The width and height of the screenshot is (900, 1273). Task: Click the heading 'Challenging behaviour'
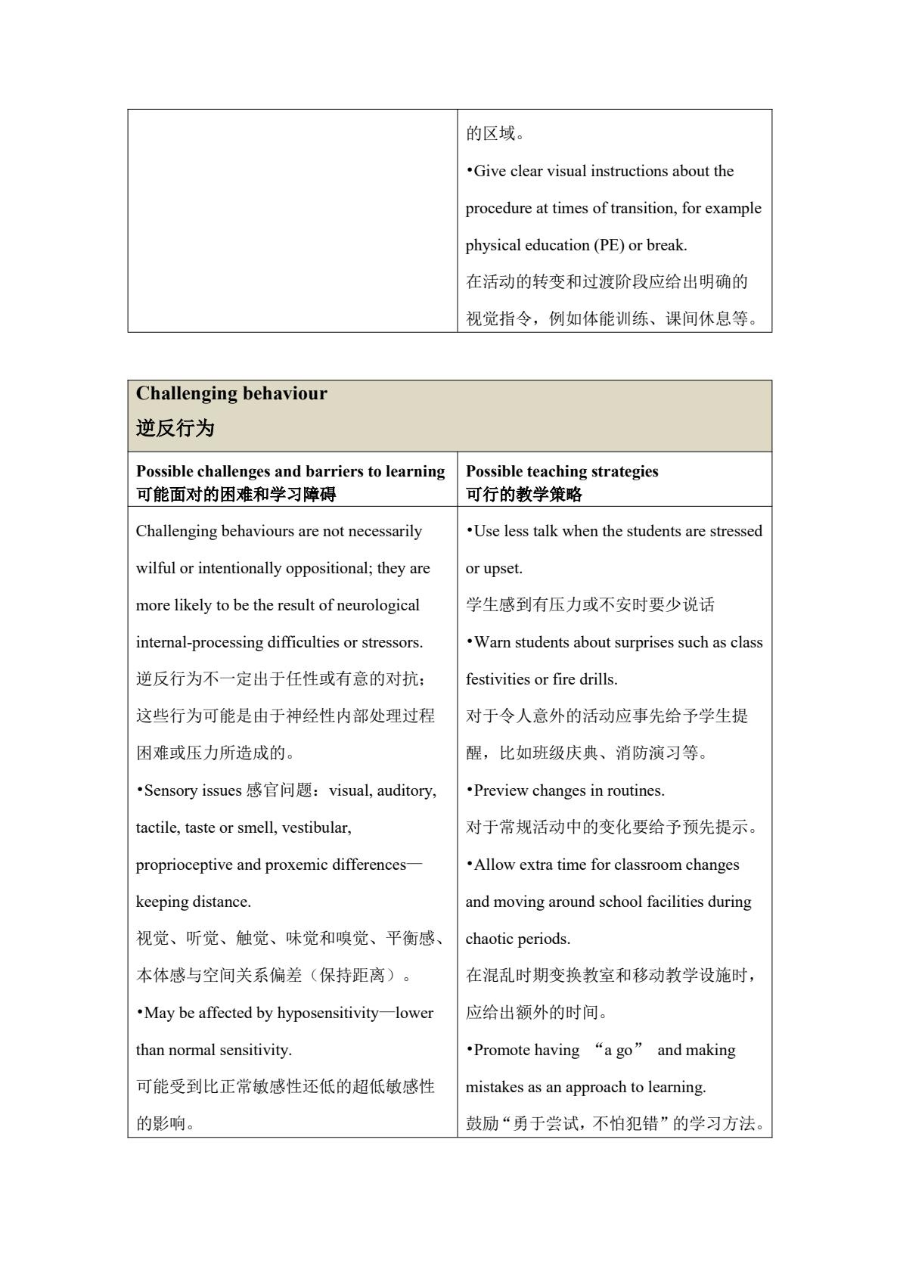point(231,394)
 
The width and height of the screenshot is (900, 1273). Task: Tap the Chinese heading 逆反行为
point(175,429)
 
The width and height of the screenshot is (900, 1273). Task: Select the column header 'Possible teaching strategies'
point(562,471)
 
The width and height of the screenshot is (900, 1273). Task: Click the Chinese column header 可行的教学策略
point(524,495)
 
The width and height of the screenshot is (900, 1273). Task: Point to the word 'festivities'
point(500,679)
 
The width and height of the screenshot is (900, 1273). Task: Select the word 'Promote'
point(501,1050)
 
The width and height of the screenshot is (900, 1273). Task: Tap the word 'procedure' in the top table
point(498,208)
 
